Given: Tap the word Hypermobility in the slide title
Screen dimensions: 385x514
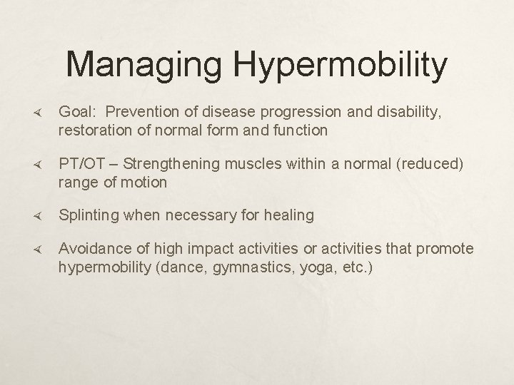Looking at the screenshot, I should [x=341, y=66].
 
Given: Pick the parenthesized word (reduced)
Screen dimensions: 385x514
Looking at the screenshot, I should [x=433, y=165].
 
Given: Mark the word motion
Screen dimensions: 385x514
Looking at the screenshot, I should [x=146, y=183].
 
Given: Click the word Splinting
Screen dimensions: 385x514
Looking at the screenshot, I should [x=89, y=215].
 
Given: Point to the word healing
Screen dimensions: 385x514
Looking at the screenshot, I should [x=290, y=215].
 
